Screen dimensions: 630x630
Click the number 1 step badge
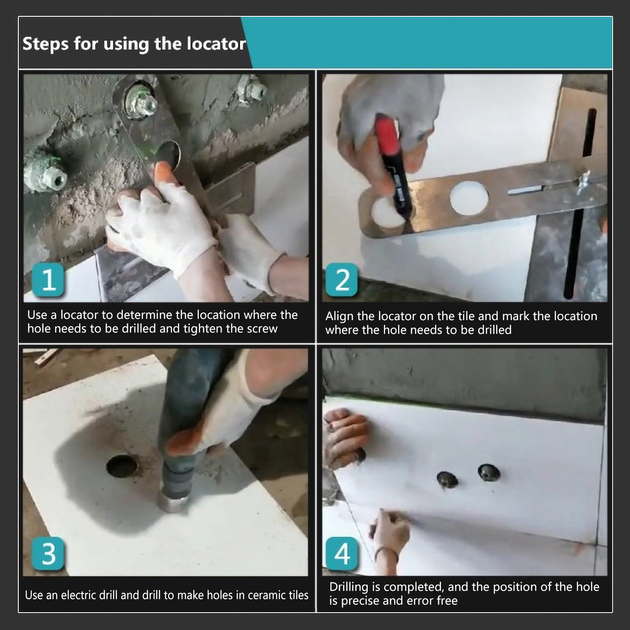coord(49,280)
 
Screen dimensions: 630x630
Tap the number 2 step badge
coord(342,280)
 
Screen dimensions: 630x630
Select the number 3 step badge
coord(48,553)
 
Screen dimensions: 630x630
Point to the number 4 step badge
coord(342,554)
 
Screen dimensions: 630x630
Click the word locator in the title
coord(216,44)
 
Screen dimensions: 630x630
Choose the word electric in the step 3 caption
coord(78,595)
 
